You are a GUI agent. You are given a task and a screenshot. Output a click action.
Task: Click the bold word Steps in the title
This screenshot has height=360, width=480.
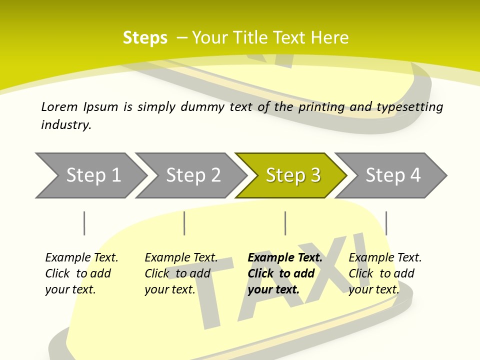[x=145, y=38]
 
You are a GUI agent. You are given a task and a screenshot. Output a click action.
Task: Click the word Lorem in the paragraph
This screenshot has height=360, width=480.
[x=59, y=106]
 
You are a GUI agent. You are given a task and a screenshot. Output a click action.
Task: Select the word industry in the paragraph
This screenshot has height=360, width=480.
[x=66, y=125]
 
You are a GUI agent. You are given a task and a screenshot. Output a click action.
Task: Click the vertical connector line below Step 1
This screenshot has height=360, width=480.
[x=84, y=223]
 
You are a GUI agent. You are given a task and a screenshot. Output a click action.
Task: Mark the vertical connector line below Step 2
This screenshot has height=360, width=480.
[x=184, y=223]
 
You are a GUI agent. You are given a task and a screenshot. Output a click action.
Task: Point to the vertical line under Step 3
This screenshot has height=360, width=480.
[x=285, y=223]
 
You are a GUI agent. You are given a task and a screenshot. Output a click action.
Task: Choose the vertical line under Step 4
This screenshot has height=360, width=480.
[x=386, y=223]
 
